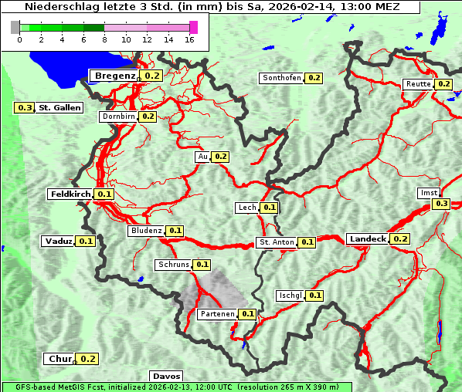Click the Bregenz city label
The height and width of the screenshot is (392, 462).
pyautogui.click(x=115, y=76)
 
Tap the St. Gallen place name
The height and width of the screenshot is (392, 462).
pyautogui.click(x=59, y=108)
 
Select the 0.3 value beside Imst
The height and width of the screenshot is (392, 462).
pyautogui.click(x=440, y=204)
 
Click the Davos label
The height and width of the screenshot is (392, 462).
pyautogui.click(x=167, y=377)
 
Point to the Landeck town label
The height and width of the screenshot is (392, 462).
pyautogui.click(x=367, y=239)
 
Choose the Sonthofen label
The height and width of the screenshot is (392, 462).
pyautogui.click(x=282, y=78)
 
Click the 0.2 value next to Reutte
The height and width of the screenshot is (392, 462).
pyautogui.click(x=443, y=84)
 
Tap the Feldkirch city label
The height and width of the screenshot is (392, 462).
pyautogui.click(x=70, y=194)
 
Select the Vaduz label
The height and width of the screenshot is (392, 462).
pyautogui.click(x=59, y=242)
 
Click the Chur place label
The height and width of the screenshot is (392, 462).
pyautogui.click(x=59, y=359)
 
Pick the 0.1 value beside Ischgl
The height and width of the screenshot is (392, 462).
pyautogui.click(x=315, y=296)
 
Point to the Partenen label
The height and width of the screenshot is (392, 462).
pyautogui.click(x=216, y=314)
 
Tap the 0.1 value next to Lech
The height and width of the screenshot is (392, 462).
pyautogui.click(x=269, y=208)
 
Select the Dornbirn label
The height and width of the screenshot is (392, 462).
pyautogui.click(x=118, y=117)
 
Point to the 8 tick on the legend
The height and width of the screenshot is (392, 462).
pyautogui.click(x=104, y=39)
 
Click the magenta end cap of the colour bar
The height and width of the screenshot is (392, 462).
pyautogui.click(x=193, y=28)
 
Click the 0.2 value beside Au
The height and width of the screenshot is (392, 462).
pyautogui.click(x=221, y=157)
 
